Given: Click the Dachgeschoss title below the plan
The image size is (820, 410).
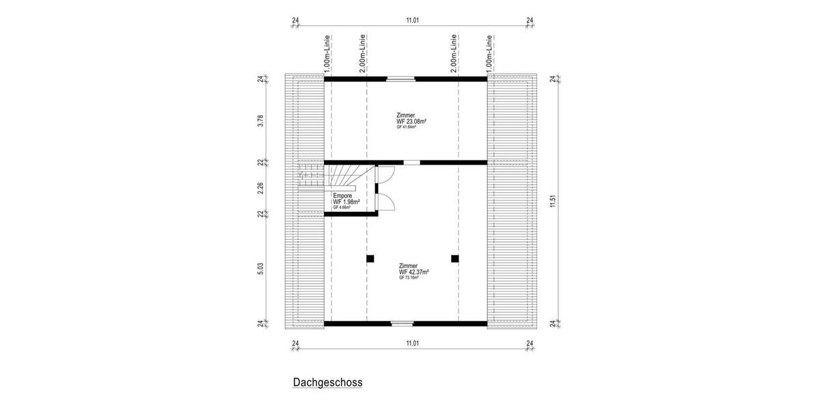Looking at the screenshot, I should [328, 383].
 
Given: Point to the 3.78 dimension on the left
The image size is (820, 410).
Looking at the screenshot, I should [260, 121].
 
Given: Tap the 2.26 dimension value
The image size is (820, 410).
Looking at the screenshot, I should [260, 188].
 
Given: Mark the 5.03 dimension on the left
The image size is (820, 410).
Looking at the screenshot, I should [260, 269].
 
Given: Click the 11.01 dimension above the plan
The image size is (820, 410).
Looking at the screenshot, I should [412, 21].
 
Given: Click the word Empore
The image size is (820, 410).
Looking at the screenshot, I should [343, 196].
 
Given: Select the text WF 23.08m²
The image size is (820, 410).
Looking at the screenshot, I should [411, 121].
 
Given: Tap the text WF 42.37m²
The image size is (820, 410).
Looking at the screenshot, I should [414, 272].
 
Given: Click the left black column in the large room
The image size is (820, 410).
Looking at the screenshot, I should [370, 258].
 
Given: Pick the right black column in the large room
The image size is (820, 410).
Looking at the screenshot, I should [454, 258].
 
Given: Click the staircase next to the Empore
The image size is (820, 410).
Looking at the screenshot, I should [342, 177].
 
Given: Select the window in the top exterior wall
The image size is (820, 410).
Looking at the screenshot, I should [400, 79].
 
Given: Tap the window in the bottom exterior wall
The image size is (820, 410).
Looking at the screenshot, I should [401, 323].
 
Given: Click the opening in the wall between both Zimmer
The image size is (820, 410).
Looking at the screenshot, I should [411, 163].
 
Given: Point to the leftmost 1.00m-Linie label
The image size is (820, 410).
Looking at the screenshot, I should [328, 53].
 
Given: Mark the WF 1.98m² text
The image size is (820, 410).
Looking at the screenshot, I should [346, 202].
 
